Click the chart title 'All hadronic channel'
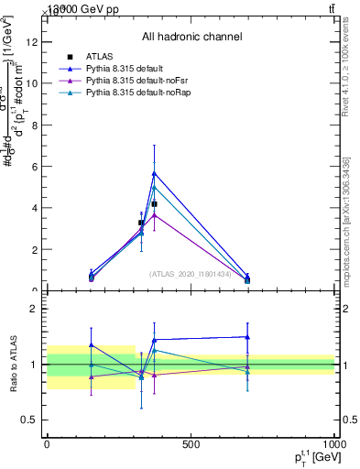[191, 37]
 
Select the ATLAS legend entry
[99, 57]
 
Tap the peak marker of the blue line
[154, 172]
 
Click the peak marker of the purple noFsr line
[154, 214]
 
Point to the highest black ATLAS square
[154, 203]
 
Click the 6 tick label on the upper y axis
[32, 166]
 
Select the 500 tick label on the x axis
[191, 444]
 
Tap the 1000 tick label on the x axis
[333, 444]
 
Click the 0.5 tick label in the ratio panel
[27, 420]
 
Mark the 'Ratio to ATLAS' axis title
[12, 364]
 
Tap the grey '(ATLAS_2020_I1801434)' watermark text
[191, 273]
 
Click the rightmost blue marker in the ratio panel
[247, 336]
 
